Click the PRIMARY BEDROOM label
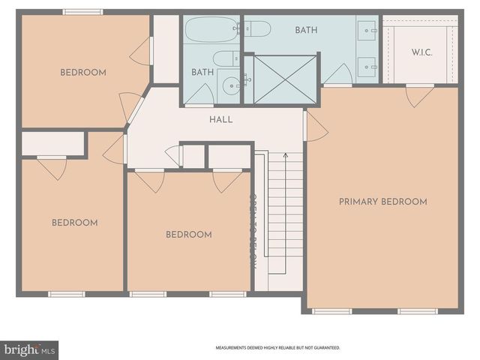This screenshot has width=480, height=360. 382,202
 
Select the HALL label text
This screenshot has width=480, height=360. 220,119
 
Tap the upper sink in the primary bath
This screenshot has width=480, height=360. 370,30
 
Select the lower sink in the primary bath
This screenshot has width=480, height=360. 370,64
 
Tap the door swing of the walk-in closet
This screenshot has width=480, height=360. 419,96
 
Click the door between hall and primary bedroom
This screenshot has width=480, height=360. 314,126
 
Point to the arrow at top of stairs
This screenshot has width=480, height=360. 284,155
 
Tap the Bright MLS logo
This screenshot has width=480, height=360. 30,349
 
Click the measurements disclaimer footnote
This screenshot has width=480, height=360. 277,348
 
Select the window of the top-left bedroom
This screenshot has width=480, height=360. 82,12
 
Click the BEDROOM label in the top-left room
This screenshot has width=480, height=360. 82,73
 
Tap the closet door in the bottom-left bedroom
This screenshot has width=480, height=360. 52,166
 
